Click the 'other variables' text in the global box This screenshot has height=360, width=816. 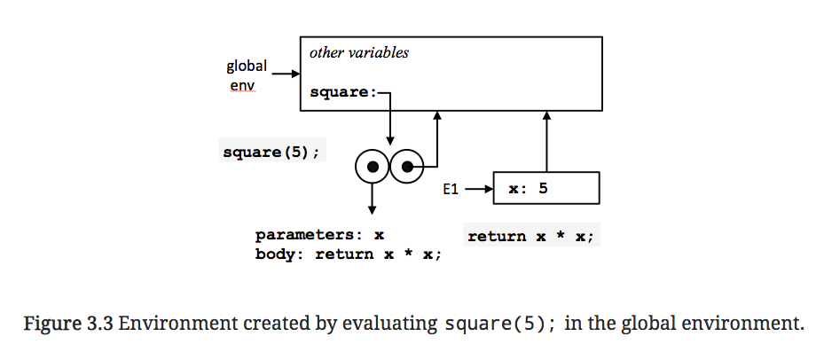[358, 52]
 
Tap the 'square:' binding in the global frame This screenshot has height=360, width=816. [344, 91]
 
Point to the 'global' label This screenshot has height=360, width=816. [247, 66]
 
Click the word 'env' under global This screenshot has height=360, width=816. [243, 86]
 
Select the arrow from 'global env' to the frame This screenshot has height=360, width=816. [285, 74]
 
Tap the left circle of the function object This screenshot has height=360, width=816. [373, 166]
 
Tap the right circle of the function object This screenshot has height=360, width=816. [407, 166]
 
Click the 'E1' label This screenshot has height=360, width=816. [452, 189]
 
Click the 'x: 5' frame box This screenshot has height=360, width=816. [545, 188]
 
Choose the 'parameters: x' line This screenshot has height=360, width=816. [319, 236]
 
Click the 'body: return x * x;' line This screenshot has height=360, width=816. [348, 254]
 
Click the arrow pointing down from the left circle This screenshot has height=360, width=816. [373, 197]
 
